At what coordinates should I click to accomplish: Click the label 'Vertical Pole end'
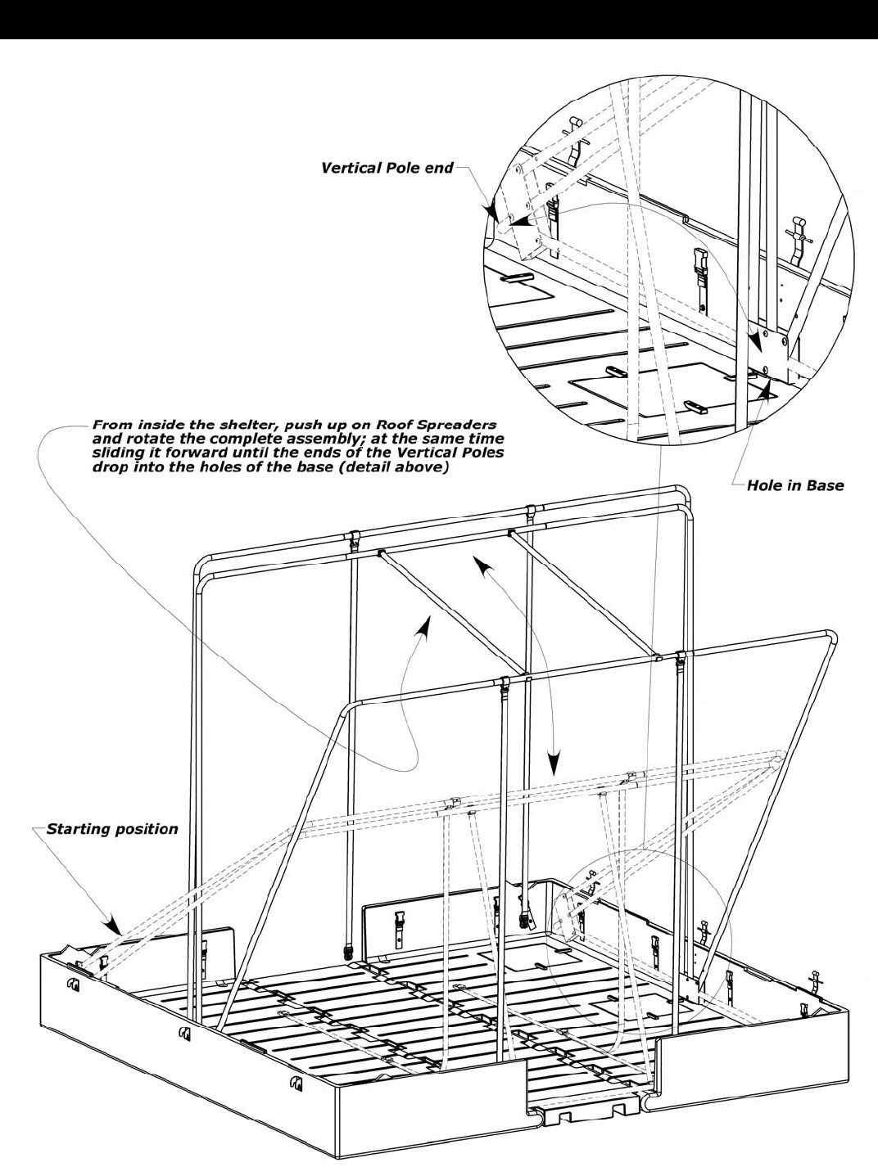pos(387,168)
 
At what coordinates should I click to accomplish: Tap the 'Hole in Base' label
pos(794,485)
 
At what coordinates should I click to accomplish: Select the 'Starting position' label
pos(111,829)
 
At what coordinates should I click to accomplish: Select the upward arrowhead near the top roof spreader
pos(486,565)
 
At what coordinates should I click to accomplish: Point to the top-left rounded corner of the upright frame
pos(202,565)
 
